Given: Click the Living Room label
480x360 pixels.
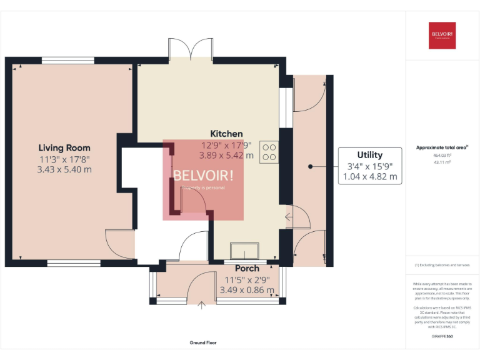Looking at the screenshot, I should (x=64, y=147).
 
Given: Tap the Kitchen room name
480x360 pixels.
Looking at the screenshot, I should (x=226, y=134).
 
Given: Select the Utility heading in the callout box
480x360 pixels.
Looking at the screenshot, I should (x=369, y=155).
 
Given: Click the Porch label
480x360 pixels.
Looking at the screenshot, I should (x=247, y=269).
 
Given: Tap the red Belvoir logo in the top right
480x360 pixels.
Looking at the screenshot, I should (x=442, y=35).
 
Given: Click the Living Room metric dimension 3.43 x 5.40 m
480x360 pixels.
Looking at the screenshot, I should (x=64, y=169).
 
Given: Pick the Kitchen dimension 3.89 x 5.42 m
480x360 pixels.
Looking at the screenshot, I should (x=226, y=156).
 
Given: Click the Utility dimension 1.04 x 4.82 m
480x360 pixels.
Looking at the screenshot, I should (x=369, y=177).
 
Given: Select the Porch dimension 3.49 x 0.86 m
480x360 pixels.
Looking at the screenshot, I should (x=247, y=290).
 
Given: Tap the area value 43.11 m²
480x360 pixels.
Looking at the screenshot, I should (x=442, y=162).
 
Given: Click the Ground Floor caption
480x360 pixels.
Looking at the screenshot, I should (x=203, y=342).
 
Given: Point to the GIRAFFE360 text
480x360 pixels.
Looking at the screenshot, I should (x=442, y=337).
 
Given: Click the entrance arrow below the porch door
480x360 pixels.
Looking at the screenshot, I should (x=202, y=305).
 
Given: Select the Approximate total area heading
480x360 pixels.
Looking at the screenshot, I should (x=442, y=147).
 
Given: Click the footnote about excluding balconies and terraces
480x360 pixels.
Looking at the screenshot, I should (x=442, y=265).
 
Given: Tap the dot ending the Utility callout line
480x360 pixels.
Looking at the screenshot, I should (x=311, y=166).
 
